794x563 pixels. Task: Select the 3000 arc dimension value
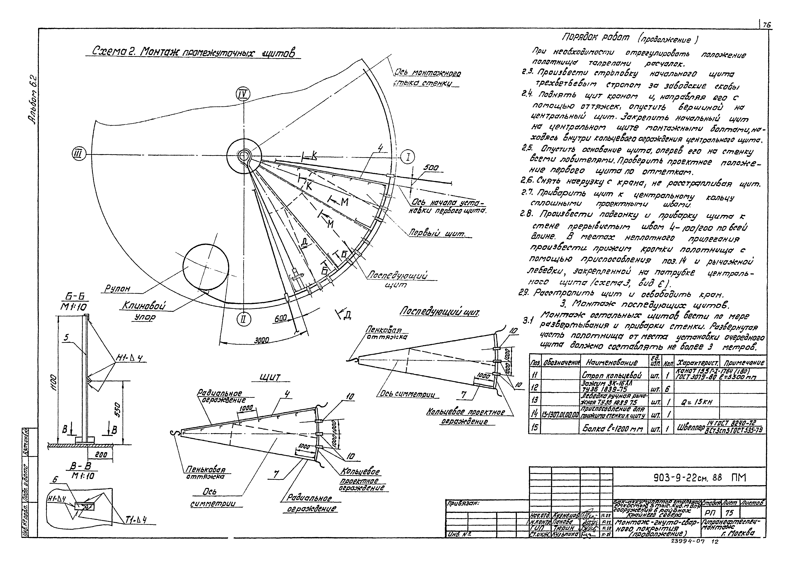pyautogui.click(x=262, y=341)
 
